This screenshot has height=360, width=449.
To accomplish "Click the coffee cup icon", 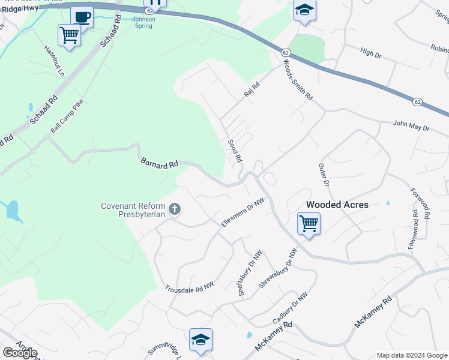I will coord(82,16).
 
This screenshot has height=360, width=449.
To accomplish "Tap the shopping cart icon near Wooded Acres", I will coord(309,224).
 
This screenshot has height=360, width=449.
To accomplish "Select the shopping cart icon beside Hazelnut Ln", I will coord(69,35).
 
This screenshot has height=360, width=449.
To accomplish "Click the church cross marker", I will coord(175,209).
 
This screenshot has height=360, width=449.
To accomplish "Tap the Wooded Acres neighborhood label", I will coord(337,205).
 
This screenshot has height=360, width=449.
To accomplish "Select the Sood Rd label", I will coord(235,151).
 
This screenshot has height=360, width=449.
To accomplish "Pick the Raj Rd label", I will coord(251,91).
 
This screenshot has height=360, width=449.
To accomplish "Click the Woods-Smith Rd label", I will coord(298,80).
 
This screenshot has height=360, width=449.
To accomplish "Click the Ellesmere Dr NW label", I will coord(243,213).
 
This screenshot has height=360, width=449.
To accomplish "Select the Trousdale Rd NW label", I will coord(190,287).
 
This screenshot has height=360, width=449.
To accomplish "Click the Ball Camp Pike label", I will coord(67,116).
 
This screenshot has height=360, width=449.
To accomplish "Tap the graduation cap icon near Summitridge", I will coord(200,340).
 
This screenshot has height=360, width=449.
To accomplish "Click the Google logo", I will coord(20,353).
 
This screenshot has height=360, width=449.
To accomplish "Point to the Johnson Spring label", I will coord(143,23).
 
